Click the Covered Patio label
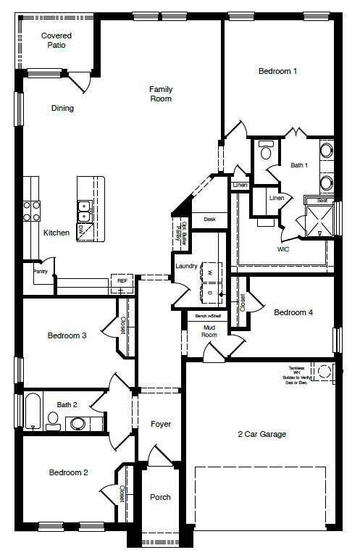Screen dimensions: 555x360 pyautogui.click(x=55, y=40)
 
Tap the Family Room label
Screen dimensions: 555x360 pyautogui.click(x=161, y=94)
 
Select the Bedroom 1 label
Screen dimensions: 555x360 pyautogui.click(x=278, y=71)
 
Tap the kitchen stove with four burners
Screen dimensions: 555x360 pyautogui.click(x=31, y=211)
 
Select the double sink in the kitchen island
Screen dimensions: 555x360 pyautogui.click(x=84, y=211)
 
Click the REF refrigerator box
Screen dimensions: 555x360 pyautogui.click(x=122, y=280)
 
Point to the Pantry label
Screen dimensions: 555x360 pyautogui.click(x=40, y=271)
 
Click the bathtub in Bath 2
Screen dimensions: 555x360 pyautogui.click(x=32, y=412)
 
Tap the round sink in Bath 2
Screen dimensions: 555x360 pyautogui.click(x=77, y=422)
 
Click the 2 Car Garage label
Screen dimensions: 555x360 pyautogui.click(x=261, y=435)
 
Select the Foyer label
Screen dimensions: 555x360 pyautogui.click(x=160, y=424)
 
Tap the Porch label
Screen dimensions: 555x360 pyautogui.click(x=160, y=497)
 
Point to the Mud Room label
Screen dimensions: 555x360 pyautogui.click(x=209, y=331)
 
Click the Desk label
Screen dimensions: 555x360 pyautogui.click(x=210, y=219)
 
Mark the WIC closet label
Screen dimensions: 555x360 pyautogui.click(x=283, y=249)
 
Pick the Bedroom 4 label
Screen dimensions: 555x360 pyautogui.click(x=293, y=313)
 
